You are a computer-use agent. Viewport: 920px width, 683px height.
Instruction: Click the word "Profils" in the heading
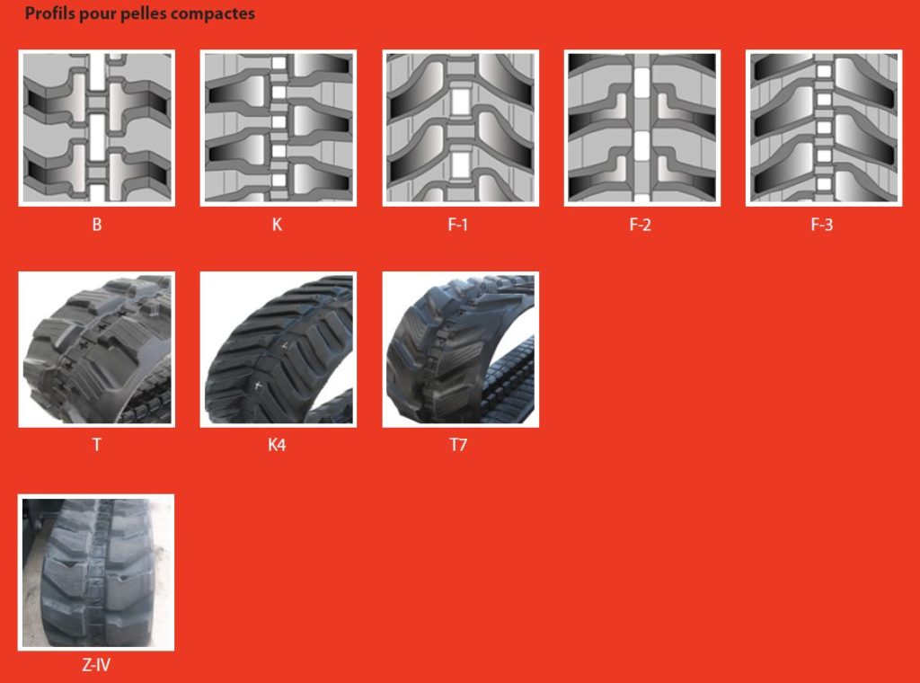point(50,13)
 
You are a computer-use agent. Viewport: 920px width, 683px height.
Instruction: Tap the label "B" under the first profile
point(97,224)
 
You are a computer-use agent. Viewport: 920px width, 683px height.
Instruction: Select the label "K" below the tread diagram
point(277,224)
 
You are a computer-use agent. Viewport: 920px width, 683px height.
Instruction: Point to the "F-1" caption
point(457,224)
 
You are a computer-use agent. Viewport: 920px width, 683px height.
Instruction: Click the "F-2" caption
point(640,224)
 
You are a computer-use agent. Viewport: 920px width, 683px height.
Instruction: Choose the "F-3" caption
point(821,224)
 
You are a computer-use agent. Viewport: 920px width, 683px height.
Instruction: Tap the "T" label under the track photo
point(97,444)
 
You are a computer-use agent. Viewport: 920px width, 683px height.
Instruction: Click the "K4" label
point(277,444)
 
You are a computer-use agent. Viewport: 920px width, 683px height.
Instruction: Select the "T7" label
point(458,444)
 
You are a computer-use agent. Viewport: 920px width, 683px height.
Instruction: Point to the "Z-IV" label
point(96,665)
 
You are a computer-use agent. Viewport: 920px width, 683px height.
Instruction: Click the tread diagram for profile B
point(97,128)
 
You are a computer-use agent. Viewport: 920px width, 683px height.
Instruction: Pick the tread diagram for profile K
point(279,128)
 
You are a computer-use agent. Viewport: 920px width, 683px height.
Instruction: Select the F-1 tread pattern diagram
point(461,128)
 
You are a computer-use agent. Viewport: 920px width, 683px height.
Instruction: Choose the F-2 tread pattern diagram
point(642,128)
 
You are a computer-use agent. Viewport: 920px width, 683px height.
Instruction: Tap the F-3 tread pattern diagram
point(824,128)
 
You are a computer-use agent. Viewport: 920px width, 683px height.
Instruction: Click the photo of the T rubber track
point(97,349)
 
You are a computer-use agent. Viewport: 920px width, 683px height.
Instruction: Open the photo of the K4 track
point(279,349)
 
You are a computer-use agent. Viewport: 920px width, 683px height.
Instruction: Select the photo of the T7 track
point(461,349)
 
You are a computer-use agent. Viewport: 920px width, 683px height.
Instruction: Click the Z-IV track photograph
point(96,572)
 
